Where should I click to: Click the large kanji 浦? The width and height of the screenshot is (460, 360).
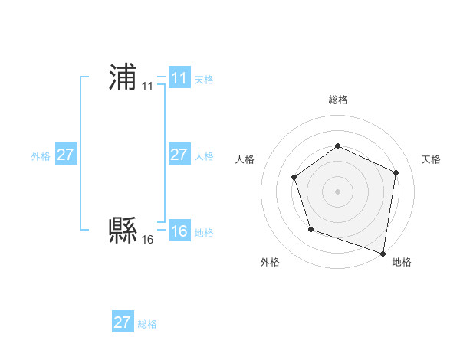[x=123, y=77]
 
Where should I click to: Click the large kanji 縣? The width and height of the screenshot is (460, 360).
[x=123, y=229]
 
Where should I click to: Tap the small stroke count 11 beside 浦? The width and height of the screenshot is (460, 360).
[x=147, y=87]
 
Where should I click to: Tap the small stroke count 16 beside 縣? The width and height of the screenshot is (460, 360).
[x=147, y=240]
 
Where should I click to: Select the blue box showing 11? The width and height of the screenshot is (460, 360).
[x=179, y=78]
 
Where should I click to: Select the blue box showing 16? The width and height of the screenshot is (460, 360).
[x=179, y=231]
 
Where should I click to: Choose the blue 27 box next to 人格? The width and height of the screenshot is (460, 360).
[x=179, y=155]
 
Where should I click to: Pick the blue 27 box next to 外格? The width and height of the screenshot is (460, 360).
[x=65, y=155]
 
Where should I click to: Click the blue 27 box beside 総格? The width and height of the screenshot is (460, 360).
[x=122, y=322]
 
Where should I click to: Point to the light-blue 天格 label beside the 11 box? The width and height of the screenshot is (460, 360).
[x=204, y=79]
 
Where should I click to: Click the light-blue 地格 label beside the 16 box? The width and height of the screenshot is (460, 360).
[x=204, y=232]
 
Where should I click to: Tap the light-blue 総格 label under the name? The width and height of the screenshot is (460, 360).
[x=147, y=323]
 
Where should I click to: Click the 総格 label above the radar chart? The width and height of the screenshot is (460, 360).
[x=337, y=100]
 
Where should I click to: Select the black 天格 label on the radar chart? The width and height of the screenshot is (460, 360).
[x=431, y=159]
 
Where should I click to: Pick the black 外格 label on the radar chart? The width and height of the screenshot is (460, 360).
[x=270, y=262]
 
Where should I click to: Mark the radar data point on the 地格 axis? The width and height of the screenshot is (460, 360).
[x=383, y=252]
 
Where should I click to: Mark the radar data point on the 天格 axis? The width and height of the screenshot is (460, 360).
[x=396, y=172]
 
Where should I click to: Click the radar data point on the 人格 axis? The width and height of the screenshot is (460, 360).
[x=294, y=178]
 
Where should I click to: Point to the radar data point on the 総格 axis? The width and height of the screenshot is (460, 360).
[x=337, y=146]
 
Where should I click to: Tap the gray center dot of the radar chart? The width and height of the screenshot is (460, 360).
[x=337, y=191]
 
